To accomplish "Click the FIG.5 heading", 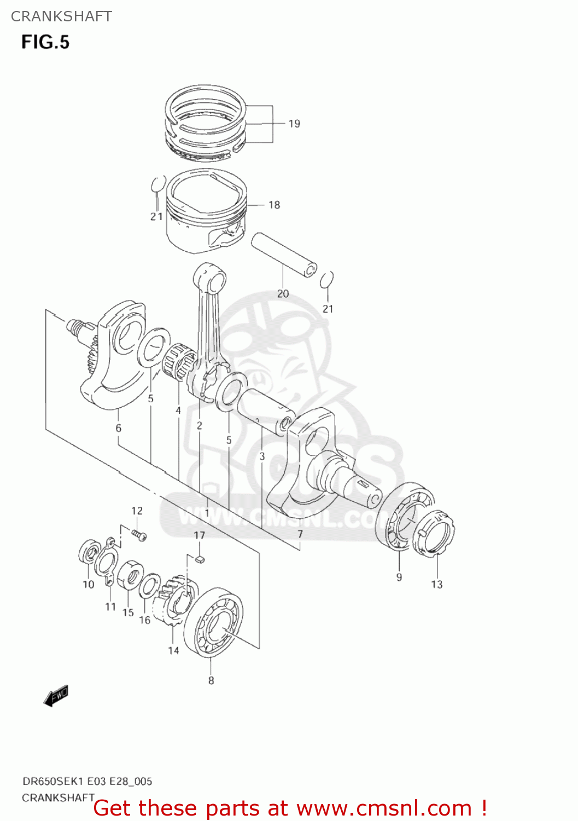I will tap(45, 42).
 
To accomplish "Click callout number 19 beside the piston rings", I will tap(294, 124).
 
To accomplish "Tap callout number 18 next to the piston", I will tap(274, 205).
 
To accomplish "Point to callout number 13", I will tap(436, 585).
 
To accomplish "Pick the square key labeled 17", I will tap(200, 559).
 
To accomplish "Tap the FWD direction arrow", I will tap(56, 696).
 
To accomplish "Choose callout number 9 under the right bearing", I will tap(399, 577).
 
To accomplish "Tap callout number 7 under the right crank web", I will tap(300, 534).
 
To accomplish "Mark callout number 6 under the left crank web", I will tap(118, 428).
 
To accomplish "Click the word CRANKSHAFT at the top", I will tap(61, 16).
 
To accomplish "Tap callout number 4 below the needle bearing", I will tap(178, 410).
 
